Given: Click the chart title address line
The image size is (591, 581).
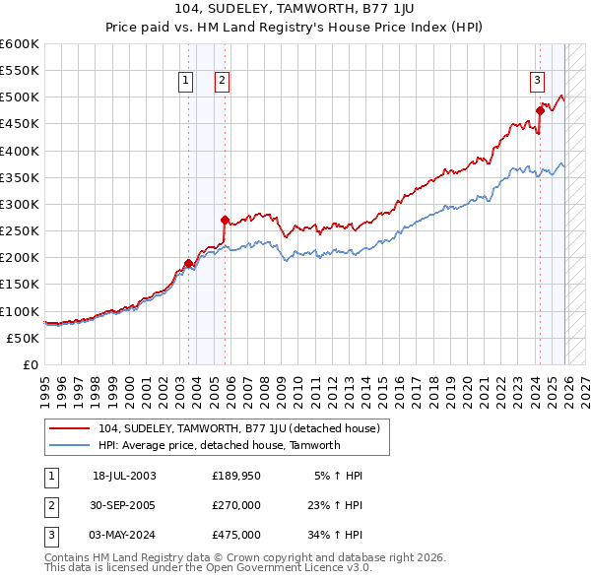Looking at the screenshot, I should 295,9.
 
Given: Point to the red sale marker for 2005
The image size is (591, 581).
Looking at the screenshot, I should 226,221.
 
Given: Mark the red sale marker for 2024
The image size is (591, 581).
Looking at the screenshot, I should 540,111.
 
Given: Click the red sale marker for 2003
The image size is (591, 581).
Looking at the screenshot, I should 188,263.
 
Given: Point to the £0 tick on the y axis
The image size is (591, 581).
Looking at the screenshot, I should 31,364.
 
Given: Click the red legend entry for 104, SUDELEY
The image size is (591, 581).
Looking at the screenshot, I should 245,428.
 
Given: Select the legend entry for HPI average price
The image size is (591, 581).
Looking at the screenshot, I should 219,445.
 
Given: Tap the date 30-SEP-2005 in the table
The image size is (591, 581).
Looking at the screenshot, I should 124,504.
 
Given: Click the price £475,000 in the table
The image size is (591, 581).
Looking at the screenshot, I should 236,535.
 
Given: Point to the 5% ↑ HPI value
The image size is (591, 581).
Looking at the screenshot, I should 340,475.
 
